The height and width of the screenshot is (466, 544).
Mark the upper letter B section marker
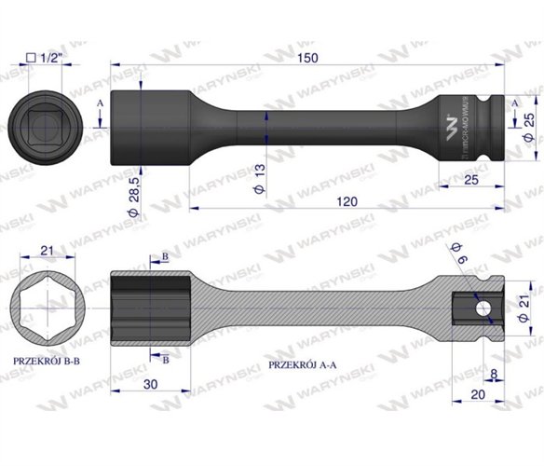coord(165,254)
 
